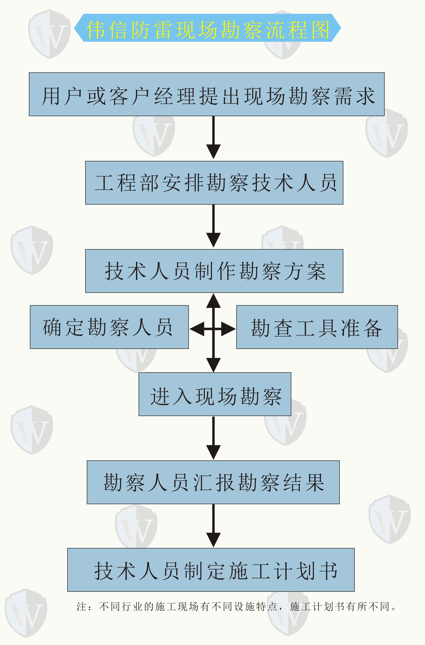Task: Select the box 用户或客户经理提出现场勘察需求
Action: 207,94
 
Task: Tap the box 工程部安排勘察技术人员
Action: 214,183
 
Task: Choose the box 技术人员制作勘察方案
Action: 214,271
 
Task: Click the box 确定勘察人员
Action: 109,327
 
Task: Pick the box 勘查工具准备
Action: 317,327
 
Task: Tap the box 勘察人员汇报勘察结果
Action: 213,482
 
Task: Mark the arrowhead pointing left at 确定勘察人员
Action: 197,329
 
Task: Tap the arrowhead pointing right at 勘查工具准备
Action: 228,329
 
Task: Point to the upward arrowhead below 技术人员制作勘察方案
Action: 214,301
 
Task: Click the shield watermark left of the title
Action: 49,34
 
